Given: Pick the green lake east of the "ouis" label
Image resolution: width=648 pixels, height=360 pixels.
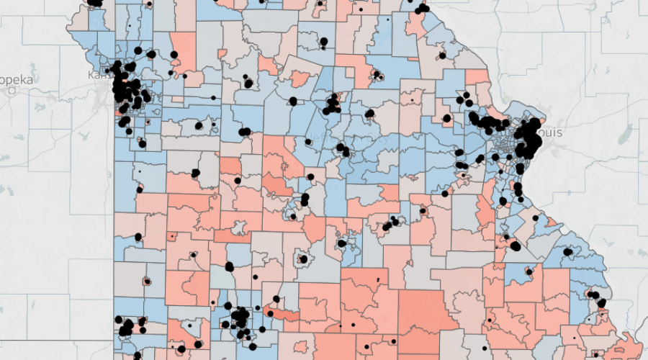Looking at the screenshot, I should (625, 133).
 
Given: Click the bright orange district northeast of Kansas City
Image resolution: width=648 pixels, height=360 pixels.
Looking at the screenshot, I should (183, 50).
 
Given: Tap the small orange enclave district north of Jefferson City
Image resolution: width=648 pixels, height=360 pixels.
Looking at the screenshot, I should (301, 77).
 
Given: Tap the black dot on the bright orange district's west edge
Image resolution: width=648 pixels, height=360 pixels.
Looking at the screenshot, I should (173, 55).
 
